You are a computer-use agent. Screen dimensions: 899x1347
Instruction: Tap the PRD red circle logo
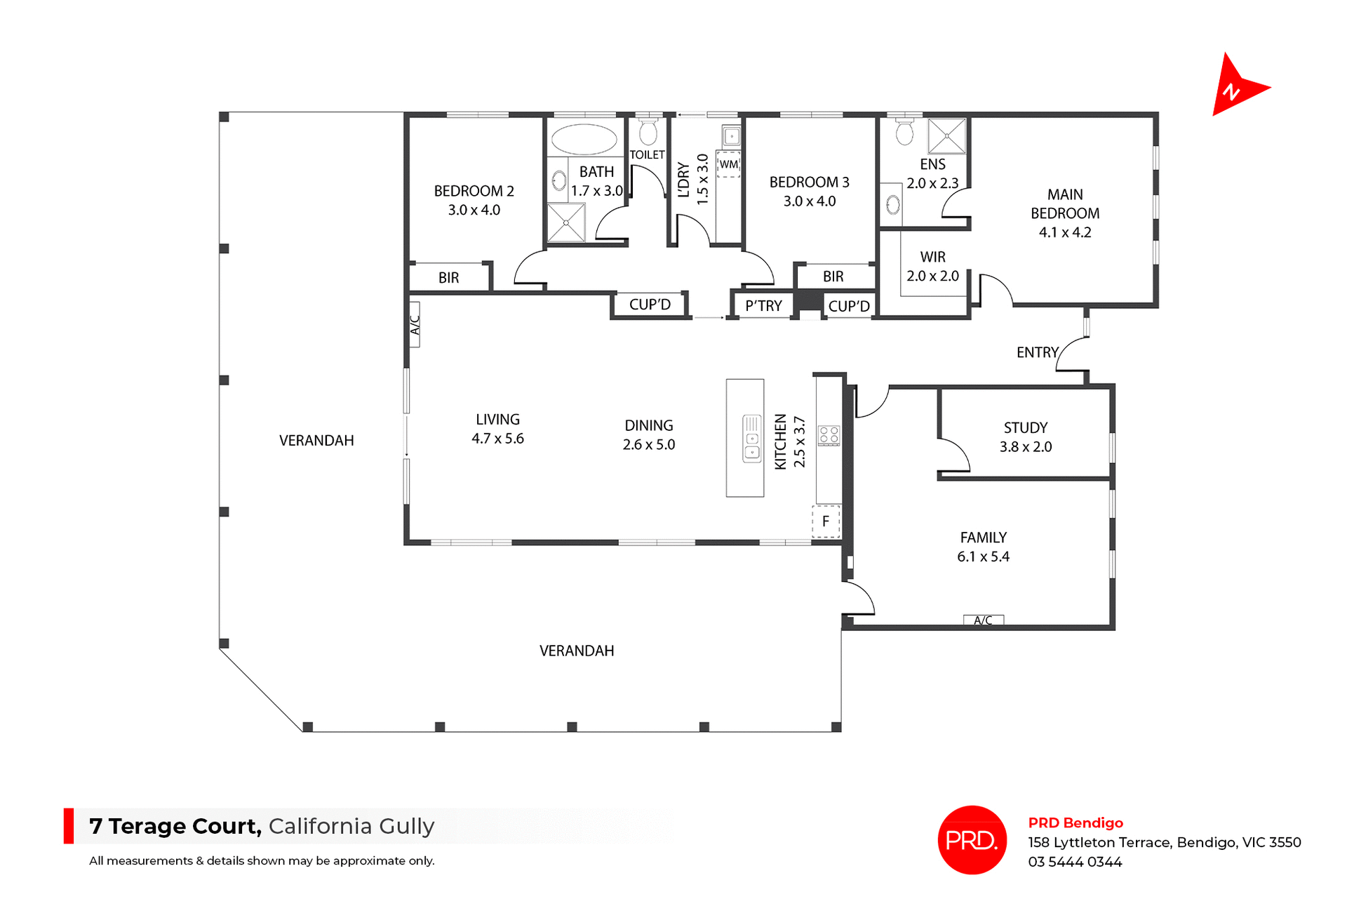pyautogui.click(x=972, y=839)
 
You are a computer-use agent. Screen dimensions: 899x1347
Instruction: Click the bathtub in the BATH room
pyautogui.click(x=584, y=139)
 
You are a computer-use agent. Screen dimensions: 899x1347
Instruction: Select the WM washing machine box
pyautogui.click(x=728, y=164)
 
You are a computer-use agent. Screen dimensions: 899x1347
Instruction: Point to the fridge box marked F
pyautogui.click(x=826, y=521)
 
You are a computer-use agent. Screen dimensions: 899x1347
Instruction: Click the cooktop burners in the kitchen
pyautogui.click(x=829, y=435)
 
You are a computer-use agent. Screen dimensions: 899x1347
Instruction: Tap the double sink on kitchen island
pyautogui.click(x=751, y=439)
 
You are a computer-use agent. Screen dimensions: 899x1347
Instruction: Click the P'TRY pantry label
pyautogui.click(x=763, y=306)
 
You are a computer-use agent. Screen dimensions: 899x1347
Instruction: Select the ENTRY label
pyautogui.click(x=1037, y=352)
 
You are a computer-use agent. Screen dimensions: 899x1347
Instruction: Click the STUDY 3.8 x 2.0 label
pyautogui.click(x=1025, y=437)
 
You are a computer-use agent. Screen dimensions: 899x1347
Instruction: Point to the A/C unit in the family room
pyautogui.click(x=983, y=620)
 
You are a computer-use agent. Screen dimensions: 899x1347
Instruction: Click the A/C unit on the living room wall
pyautogui.click(x=415, y=324)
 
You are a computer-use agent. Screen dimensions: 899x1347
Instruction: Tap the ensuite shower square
pyautogui.click(x=946, y=135)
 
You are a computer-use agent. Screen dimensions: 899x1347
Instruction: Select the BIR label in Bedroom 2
pyautogui.click(x=448, y=278)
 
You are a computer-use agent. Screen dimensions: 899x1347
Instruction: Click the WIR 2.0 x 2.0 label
pyautogui.click(x=932, y=267)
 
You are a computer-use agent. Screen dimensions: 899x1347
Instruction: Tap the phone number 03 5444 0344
pyautogui.click(x=1075, y=862)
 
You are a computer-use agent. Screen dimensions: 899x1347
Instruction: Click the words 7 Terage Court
pyautogui.click(x=175, y=826)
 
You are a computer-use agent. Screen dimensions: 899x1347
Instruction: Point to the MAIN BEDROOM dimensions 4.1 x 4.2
pyautogui.click(x=1064, y=232)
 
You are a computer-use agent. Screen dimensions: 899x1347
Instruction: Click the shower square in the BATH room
pyautogui.click(x=565, y=222)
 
